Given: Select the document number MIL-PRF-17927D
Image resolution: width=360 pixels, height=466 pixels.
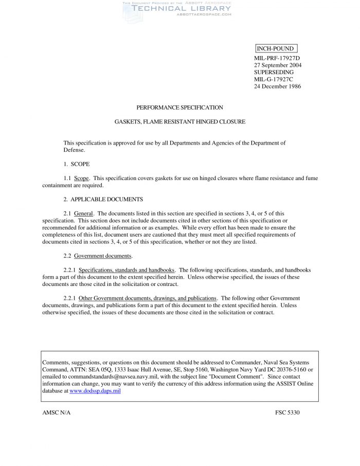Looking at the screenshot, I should [277, 58].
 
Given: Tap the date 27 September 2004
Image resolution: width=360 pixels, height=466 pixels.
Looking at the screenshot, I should [278, 65].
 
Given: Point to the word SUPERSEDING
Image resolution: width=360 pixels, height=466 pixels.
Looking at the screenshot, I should [274, 73].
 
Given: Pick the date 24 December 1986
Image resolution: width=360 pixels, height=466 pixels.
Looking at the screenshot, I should [277, 86].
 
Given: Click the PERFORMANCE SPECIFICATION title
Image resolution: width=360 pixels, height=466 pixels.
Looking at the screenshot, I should [179, 107].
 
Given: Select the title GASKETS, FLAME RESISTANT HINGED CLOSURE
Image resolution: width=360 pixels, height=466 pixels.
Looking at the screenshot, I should [179, 122].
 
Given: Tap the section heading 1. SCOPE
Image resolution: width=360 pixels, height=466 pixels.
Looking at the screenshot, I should [76, 164].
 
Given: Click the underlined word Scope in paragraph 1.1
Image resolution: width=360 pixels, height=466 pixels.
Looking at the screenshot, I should [82, 178].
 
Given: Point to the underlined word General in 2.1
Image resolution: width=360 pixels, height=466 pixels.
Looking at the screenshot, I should [83, 213].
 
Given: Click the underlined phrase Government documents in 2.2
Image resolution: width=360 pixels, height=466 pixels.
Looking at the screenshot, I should [103, 256].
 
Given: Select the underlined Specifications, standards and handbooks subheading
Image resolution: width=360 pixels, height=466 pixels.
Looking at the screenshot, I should [127, 270].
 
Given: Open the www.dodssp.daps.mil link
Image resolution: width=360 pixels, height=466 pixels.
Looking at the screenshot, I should [95, 391].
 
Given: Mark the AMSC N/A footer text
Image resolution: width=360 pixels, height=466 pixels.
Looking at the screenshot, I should [56, 413].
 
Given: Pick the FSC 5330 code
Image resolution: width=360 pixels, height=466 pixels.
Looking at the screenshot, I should [287, 413].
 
